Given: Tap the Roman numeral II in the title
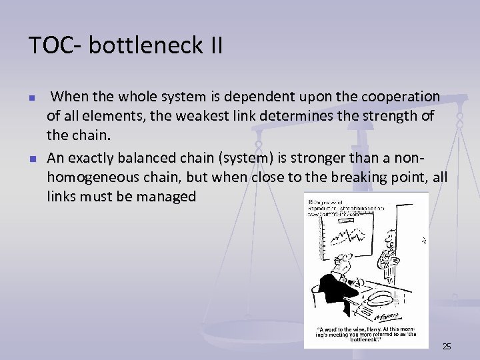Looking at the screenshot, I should [212, 45].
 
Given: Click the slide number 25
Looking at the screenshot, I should [447, 346].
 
